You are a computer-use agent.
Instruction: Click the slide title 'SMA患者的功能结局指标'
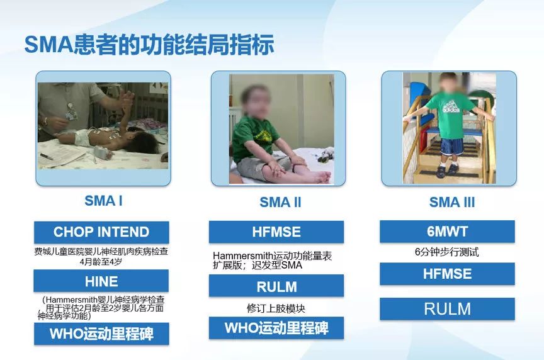149,45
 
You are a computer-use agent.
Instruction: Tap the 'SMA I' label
103,201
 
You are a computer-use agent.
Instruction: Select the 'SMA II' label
280,202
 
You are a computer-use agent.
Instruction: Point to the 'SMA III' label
451,202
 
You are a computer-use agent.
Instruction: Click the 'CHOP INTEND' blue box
101,232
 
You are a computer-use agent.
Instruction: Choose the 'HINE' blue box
101,281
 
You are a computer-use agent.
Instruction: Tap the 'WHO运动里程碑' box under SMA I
101,334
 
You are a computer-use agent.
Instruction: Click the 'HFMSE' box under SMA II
276,232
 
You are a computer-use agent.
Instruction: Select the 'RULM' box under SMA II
276,286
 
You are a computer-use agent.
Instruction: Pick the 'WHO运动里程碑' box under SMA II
276,328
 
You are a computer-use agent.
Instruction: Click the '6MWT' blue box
447,232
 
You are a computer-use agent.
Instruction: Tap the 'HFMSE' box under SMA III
447,274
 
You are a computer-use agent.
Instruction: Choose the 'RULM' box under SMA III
447,308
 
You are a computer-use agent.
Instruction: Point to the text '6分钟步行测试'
447,252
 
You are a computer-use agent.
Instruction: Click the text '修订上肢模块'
276,308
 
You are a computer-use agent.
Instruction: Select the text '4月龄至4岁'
101,262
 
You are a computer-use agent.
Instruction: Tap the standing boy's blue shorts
451,147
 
